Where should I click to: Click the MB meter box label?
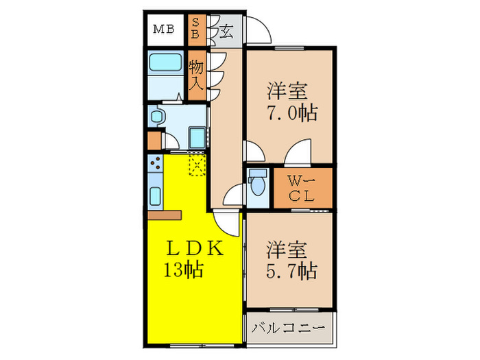(x=163, y=29)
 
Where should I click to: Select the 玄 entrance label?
(x=225, y=30)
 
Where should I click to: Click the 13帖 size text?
(x=182, y=270)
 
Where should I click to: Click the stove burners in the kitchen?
(x=154, y=165)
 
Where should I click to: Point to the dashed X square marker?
(x=197, y=165)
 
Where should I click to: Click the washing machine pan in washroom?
(x=197, y=137)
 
